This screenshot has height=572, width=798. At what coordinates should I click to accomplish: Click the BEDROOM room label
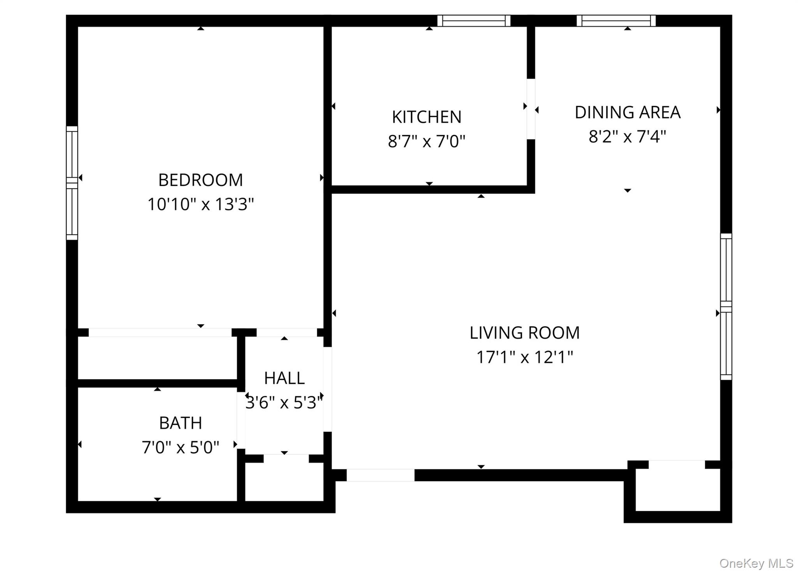point(200,180)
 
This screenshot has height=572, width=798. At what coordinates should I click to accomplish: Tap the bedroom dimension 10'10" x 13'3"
point(200,204)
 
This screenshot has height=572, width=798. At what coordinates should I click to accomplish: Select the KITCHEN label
point(427,117)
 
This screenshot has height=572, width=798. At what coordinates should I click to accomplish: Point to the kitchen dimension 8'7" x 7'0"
point(427,141)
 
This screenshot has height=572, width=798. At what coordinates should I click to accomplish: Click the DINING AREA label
point(627,112)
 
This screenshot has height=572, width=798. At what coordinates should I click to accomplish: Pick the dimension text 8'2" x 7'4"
point(627,136)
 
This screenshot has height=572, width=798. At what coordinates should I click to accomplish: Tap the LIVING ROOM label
point(524,333)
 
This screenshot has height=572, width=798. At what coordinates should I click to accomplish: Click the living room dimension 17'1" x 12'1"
point(524,357)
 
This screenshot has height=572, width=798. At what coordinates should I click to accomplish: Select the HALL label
point(284,378)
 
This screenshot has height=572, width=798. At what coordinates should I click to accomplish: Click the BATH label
point(180,423)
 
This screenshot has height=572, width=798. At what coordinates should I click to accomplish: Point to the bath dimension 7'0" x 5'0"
point(180,447)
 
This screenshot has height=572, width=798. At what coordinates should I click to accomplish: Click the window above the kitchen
point(474,21)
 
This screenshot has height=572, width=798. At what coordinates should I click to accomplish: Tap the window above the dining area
point(616,21)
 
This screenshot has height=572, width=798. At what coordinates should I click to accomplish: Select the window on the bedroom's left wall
point(72,183)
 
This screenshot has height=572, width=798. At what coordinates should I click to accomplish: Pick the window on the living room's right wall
point(726,307)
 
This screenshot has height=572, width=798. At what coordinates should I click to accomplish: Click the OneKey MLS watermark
point(756,563)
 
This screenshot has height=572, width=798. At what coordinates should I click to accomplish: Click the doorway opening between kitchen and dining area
point(531,109)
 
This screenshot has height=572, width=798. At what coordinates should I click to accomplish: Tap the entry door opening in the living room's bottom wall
point(380,475)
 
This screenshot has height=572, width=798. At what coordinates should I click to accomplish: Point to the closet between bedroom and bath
point(157,358)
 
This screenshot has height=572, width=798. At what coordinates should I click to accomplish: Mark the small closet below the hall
point(284,482)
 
